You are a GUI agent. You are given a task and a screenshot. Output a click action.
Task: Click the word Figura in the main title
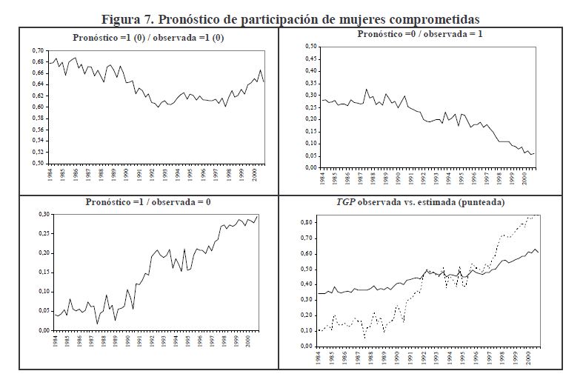click(x=124, y=18)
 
